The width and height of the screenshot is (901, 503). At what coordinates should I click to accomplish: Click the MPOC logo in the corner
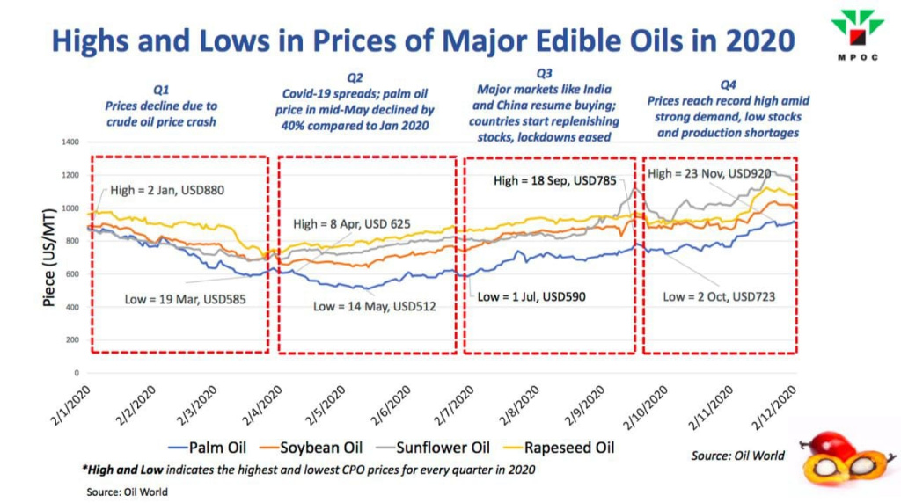pyautogui.click(x=857, y=34)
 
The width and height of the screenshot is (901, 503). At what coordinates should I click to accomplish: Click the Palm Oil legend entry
pyautogui.click(x=208, y=448)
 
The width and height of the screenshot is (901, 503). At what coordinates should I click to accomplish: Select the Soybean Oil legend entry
pyautogui.click(x=311, y=448)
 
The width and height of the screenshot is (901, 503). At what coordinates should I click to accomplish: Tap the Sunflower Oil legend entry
pyautogui.click(x=433, y=448)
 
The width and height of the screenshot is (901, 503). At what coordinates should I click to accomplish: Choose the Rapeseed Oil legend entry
pyautogui.click(x=559, y=448)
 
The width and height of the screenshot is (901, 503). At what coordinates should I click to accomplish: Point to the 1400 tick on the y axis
pyautogui.click(x=70, y=142)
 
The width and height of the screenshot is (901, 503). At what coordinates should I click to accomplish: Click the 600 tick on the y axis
pyautogui.click(x=72, y=273)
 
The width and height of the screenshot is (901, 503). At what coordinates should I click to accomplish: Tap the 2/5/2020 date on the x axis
pyautogui.click(x=326, y=405)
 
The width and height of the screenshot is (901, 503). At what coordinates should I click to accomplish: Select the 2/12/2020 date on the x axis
pyautogui.click(x=774, y=406)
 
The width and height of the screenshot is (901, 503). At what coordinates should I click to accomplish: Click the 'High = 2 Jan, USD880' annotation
pyautogui.click(x=166, y=190)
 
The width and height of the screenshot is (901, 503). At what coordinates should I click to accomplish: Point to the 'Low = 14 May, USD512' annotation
pyautogui.click(x=374, y=306)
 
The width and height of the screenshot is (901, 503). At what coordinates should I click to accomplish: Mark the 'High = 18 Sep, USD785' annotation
pyautogui.click(x=554, y=180)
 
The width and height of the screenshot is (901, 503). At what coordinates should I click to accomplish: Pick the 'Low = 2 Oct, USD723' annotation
pyautogui.click(x=719, y=296)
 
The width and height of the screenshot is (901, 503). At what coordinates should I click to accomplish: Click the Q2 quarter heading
pyautogui.click(x=355, y=77)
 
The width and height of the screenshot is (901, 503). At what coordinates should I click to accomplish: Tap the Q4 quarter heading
pyautogui.click(x=728, y=85)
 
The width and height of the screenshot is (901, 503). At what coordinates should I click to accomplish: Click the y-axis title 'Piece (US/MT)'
pyautogui.click(x=49, y=258)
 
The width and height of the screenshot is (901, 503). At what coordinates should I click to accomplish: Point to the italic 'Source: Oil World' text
pyautogui.click(x=737, y=456)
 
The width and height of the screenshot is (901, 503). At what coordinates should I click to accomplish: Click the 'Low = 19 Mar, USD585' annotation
pyautogui.click(x=185, y=299)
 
